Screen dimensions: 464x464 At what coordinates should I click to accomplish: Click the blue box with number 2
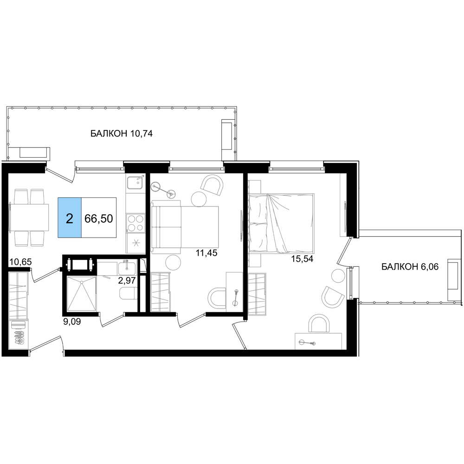(70, 218)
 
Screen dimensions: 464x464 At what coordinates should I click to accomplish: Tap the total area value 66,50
(98, 219)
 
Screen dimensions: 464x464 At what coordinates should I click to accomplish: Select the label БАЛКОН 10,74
(121, 134)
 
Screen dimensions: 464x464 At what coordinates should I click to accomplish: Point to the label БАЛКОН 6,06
(410, 267)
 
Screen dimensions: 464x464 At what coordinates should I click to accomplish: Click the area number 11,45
(206, 253)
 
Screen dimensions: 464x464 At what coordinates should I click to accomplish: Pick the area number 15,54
(302, 259)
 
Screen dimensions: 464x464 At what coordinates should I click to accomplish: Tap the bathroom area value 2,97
(127, 280)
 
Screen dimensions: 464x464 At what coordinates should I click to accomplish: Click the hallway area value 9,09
(72, 322)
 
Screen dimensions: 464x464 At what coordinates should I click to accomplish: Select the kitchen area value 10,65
(20, 262)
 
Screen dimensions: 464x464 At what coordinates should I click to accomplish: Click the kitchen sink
(135, 182)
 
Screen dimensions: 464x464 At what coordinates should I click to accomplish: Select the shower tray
(81, 294)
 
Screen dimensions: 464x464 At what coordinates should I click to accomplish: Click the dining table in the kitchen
(29, 217)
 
